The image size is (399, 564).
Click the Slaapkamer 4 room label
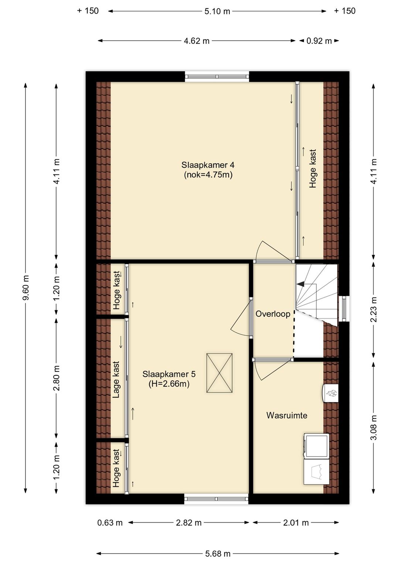(208, 165)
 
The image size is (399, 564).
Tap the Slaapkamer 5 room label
(169, 374)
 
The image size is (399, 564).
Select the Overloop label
(273, 314)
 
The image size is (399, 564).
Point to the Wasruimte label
(287, 415)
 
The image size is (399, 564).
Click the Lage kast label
(116, 380)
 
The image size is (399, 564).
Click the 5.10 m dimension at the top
(217, 11)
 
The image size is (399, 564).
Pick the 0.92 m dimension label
(319, 41)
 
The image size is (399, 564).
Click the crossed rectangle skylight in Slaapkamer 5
(219, 373)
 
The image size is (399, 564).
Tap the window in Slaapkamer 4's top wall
(217, 77)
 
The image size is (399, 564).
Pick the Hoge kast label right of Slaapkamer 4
(313, 169)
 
